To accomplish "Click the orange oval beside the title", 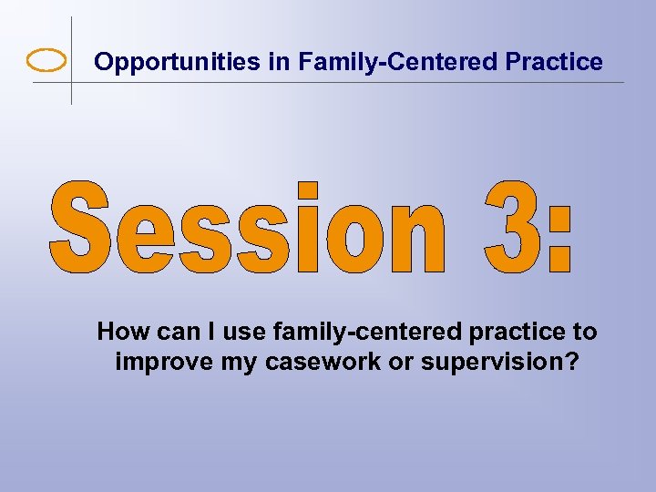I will [47, 61].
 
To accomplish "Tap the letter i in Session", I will [308, 228].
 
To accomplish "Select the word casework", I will [309, 362].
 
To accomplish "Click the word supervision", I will [475, 362].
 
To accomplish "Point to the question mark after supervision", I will [570, 361].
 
